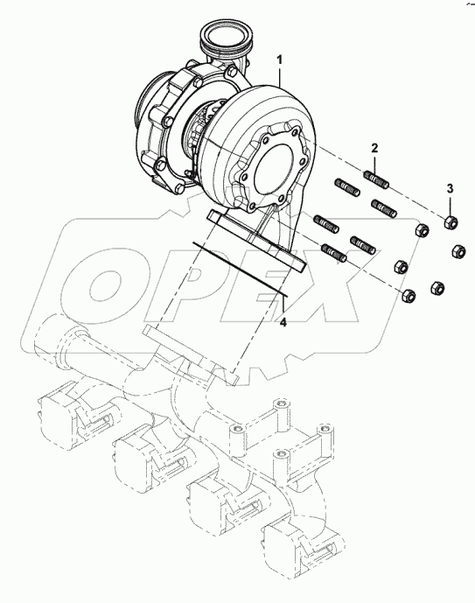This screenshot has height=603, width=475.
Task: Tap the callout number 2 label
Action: [374, 149]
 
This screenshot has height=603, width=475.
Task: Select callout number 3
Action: [451, 189]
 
